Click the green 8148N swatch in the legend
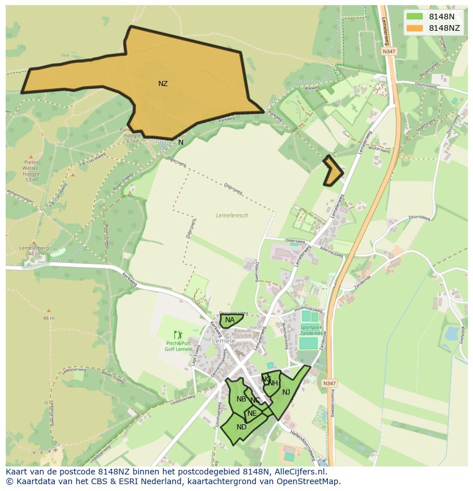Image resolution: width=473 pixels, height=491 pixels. pos(415,17)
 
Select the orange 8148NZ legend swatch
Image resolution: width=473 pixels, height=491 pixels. pos(415,28)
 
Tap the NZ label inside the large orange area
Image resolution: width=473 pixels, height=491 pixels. pos(163,83)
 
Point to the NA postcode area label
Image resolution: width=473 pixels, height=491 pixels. pos(230,320)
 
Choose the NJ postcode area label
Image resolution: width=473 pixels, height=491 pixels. pos(286,392)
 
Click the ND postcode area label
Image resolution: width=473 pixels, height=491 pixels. pos(242,427)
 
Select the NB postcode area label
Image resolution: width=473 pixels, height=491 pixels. pos(241,399)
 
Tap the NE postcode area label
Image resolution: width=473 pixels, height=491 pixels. pos(252,413)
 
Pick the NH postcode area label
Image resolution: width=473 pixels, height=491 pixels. pos(273,383)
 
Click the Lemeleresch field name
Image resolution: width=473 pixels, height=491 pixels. pos(232,215)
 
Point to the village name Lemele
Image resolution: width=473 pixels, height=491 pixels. pos(223,340)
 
